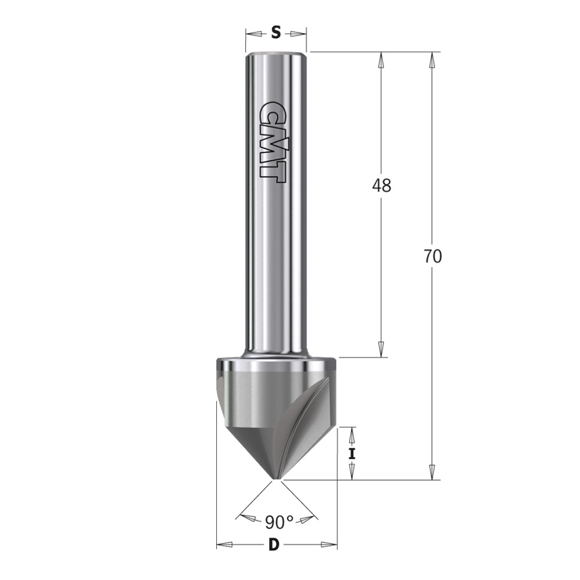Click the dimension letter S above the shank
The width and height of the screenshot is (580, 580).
point(276,33)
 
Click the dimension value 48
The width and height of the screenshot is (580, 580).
point(381,186)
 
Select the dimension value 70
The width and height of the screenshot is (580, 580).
point(432,256)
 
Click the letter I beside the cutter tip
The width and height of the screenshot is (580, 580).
point(352,453)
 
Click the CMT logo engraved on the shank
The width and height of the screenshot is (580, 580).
point(271,142)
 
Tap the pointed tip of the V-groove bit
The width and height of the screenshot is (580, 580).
point(276,479)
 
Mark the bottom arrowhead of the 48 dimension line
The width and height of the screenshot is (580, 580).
point(381,350)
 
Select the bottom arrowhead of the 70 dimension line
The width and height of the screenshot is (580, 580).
point(432,473)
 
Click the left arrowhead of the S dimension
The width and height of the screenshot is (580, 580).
point(253,33)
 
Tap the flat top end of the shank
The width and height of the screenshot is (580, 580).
point(275,54)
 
